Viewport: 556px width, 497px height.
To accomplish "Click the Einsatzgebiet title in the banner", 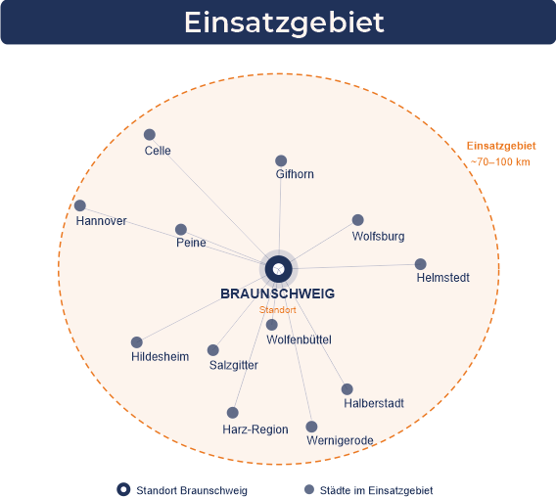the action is pos(284,22).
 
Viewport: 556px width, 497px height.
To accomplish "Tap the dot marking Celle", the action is pos(150,135).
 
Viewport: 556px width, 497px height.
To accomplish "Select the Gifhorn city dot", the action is pos(281,160).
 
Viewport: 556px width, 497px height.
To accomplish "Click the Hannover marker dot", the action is pos(80,205).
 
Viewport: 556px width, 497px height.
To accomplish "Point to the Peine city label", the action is pos(191,243).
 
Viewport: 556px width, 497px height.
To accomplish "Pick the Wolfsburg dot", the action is pos(358,220).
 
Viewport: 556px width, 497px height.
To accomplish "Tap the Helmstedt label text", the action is pos(442,277).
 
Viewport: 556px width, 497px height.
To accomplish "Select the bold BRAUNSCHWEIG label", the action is pos(278,294).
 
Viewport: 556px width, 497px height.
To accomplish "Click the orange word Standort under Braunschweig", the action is pos(278,310).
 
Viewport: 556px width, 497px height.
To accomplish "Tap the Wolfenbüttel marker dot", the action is pos(271,325).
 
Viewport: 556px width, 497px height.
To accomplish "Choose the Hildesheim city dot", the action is pos(136,342).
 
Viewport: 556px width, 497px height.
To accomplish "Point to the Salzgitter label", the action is pos(234,365).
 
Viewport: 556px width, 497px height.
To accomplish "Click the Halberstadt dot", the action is pos(347,388).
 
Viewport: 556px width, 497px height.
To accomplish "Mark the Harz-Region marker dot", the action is pos(233,413).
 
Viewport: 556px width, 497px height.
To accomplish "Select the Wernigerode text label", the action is pos(340,440).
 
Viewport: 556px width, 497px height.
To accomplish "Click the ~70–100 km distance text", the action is pos(500,162).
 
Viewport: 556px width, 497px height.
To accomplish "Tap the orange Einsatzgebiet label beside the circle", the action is pos(501,146).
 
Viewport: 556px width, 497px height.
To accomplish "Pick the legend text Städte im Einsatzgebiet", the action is pos(376,490).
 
